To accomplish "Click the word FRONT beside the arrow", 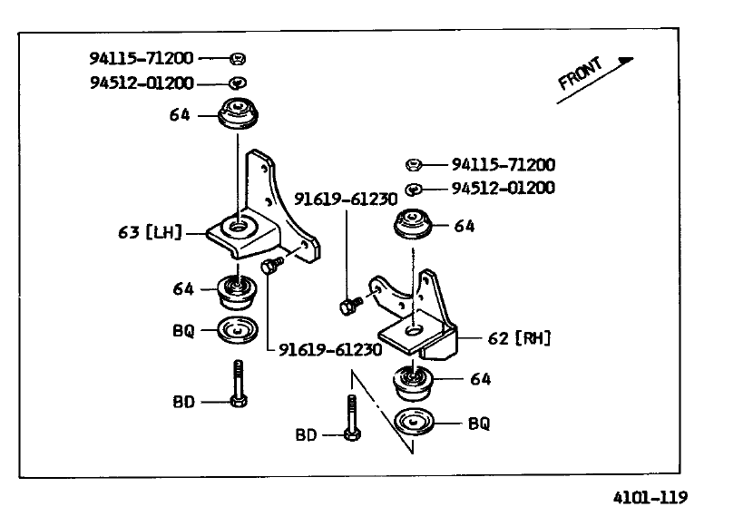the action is (x=580, y=73).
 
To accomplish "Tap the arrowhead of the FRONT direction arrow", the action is (x=627, y=61).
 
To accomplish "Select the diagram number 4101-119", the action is (x=650, y=497).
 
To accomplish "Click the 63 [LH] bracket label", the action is (x=151, y=232).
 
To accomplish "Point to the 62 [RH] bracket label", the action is (x=519, y=338).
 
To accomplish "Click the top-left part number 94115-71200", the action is (x=142, y=58).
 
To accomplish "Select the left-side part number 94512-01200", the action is (x=142, y=83).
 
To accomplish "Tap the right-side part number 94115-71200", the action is (x=504, y=165).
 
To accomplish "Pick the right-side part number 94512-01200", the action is (x=504, y=188).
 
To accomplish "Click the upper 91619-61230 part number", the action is (x=346, y=200).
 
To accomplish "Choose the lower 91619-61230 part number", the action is (x=330, y=349).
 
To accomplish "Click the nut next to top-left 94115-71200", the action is (x=238, y=59).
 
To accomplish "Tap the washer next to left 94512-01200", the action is (x=238, y=83).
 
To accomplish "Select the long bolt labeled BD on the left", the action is (x=239, y=384).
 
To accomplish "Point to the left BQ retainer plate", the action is (x=237, y=330).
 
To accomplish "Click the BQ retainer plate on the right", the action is (x=414, y=422).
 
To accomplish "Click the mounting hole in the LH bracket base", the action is (x=237, y=226).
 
